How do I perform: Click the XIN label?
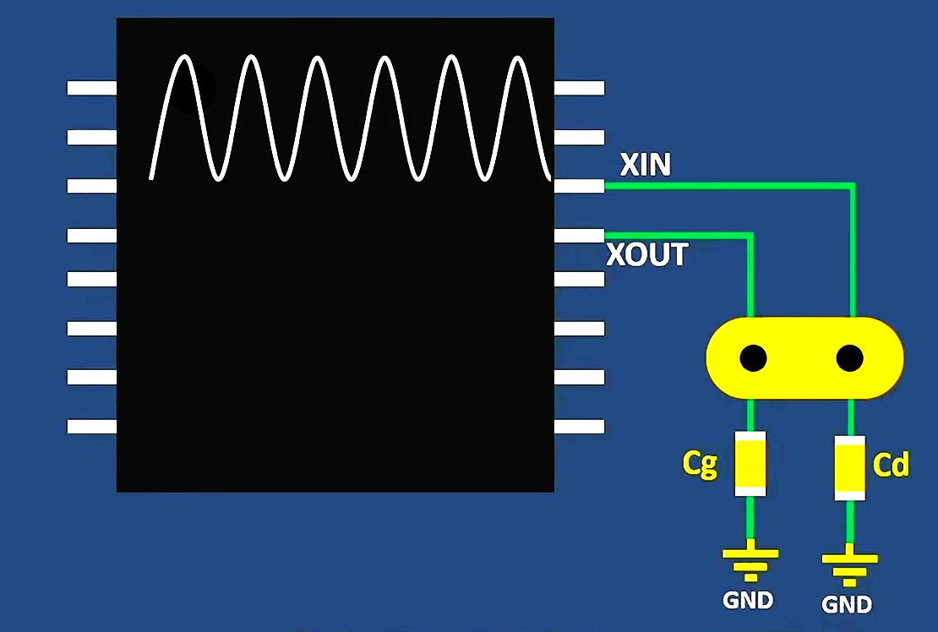click(x=646, y=165)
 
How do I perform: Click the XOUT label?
click(x=647, y=254)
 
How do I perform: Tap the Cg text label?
click(x=700, y=464)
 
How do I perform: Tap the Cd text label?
click(x=891, y=465)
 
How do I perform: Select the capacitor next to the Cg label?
click(x=750, y=463)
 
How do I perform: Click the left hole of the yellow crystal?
click(x=753, y=358)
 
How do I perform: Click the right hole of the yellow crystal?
click(x=849, y=358)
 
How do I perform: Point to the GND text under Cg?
click(x=748, y=600)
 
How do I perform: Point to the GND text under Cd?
click(x=847, y=604)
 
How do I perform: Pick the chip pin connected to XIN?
click(x=579, y=186)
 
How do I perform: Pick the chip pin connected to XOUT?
click(x=579, y=235)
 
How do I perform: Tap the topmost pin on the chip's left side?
click(x=91, y=87)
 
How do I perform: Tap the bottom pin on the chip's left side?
click(x=91, y=426)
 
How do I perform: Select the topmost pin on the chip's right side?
click(x=579, y=87)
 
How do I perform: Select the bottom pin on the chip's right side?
click(x=579, y=426)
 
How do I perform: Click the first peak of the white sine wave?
click(x=184, y=58)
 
